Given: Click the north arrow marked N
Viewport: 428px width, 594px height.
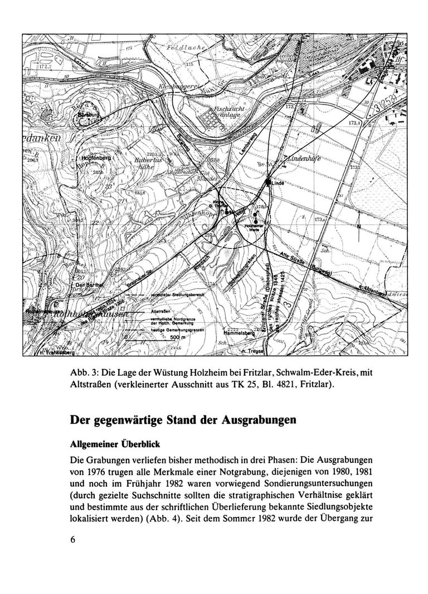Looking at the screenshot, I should coord(359,226).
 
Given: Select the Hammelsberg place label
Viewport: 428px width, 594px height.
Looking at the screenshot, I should coord(237,331).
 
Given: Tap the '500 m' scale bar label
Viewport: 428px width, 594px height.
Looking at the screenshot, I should coord(177,338).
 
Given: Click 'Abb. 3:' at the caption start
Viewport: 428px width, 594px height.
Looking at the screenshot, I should coord(81,372).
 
